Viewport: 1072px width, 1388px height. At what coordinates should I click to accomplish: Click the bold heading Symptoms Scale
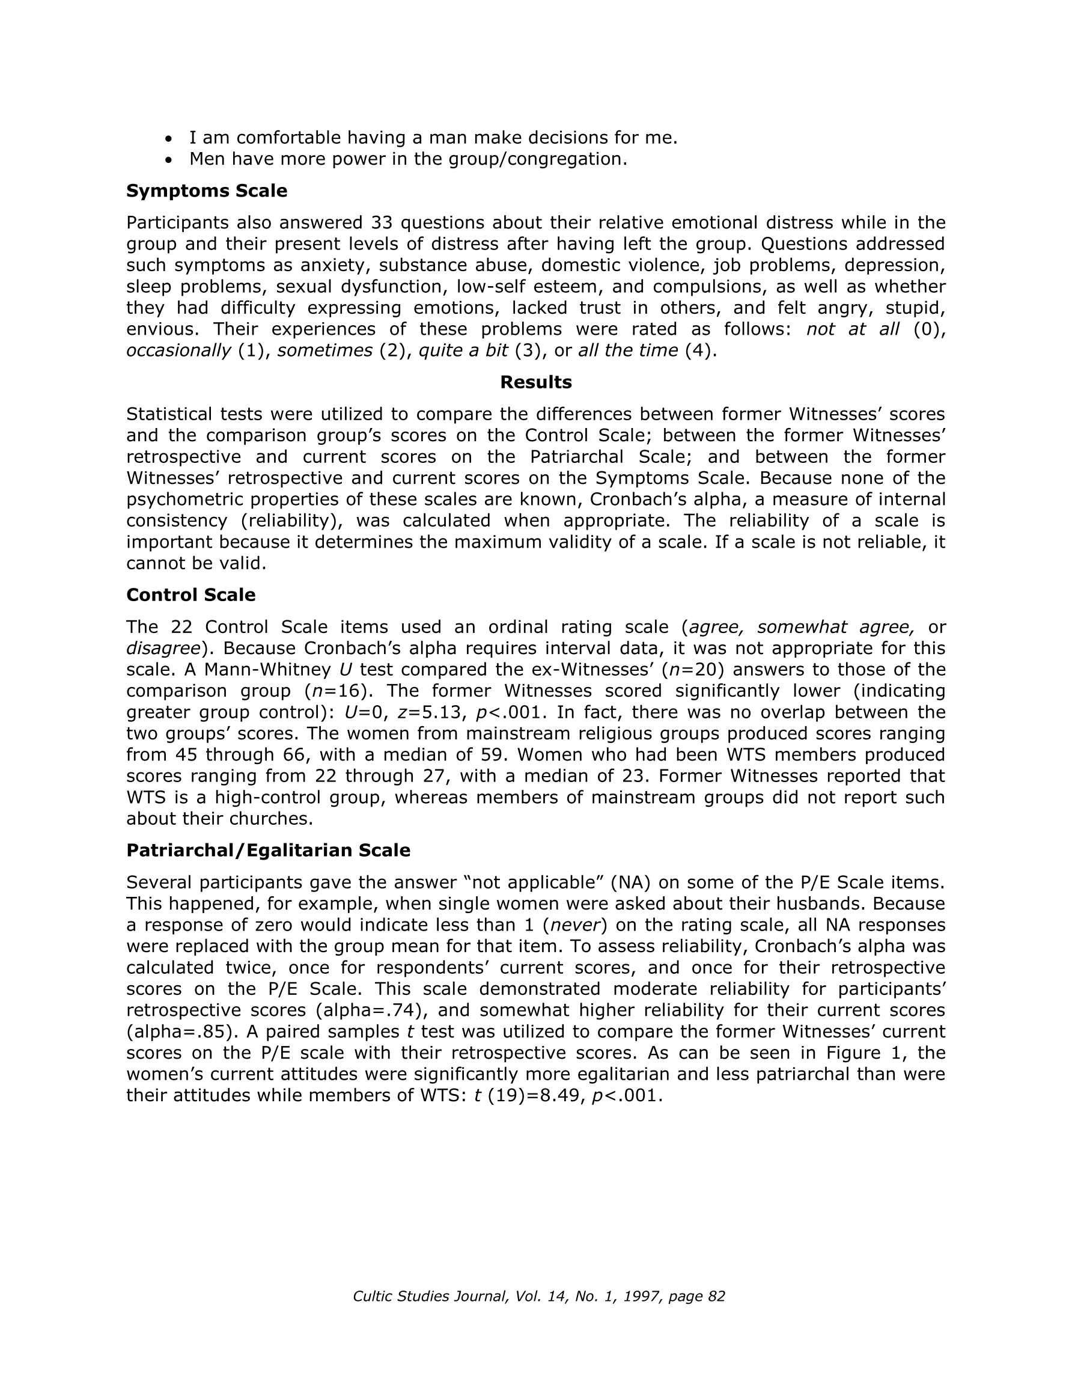point(207,191)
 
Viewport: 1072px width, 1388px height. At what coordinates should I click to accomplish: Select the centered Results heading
point(535,382)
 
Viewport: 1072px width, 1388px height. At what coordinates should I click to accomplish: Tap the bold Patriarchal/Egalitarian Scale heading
point(268,851)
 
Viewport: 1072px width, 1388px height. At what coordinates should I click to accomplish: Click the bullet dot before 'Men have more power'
point(168,160)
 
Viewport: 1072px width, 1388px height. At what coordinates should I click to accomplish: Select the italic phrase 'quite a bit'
point(463,350)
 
